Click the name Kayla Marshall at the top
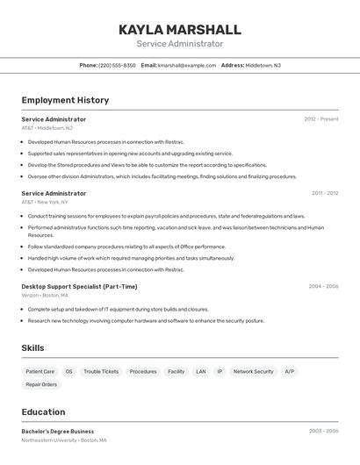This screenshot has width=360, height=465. pyautogui.click(x=179, y=29)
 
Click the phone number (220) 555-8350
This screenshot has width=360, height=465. pyautogui.click(x=117, y=65)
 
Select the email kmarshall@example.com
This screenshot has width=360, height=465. pyautogui.click(x=186, y=65)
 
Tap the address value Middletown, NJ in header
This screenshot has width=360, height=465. pyautogui.click(x=263, y=65)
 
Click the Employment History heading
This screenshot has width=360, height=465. pyautogui.click(x=65, y=100)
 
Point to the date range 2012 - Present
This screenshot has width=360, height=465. pyautogui.click(x=320, y=119)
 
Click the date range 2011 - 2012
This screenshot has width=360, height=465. pyautogui.click(x=324, y=193)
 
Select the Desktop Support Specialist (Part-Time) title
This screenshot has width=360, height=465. pyautogui.click(x=79, y=286)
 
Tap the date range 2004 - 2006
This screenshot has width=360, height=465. pyautogui.click(x=323, y=286)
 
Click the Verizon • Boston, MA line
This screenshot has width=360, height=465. pyautogui.click(x=45, y=296)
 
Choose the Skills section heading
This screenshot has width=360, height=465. pyautogui.click(x=32, y=348)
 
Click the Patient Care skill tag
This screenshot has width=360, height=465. pyautogui.click(x=40, y=371)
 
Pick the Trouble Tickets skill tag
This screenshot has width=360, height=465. pyautogui.click(x=101, y=371)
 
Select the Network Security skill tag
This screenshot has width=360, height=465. pyautogui.click(x=253, y=371)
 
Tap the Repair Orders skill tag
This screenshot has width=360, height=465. pyautogui.click(x=41, y=384)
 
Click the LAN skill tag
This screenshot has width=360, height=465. pyautogui.click(x=201, y=371)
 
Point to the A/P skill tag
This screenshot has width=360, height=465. pyautogui.click(x=289, y=371)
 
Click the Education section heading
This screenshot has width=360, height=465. pyautogui.click(x=43, y=411)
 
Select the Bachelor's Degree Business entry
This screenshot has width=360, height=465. pyautogui.click(x=58, y=432)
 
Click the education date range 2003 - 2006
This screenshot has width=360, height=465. pyautogui.click(x=323, y=432)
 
